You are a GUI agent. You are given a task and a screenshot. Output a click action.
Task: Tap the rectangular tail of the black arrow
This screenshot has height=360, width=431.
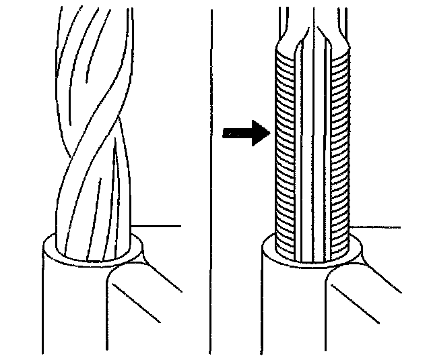click(236, 133)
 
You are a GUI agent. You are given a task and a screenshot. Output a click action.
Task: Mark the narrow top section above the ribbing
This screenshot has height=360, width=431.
click(314, 20)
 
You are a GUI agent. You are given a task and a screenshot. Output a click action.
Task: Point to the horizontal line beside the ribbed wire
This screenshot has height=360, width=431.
click(377, 225)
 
